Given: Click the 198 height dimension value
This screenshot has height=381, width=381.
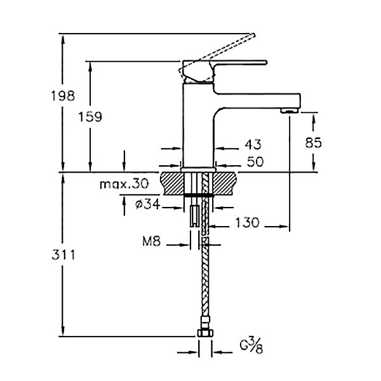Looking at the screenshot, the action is click(x=63, y=96).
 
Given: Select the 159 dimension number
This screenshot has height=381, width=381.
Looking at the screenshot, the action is click(x=90, y=117).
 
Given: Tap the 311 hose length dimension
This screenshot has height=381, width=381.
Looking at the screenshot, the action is click(x=63, y=255).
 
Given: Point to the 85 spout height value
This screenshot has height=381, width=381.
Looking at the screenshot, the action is click(x=314, y=143).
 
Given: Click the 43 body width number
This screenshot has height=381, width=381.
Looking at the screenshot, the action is click(x=253, y=145).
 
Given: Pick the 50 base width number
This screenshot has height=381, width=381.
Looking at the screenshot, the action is click(x=255, y=161).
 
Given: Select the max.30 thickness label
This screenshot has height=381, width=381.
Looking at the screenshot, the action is click(x=124, y=184).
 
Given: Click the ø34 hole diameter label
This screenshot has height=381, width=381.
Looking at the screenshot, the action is click(x=148, y=204).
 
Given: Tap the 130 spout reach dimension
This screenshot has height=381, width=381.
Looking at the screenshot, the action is click(x=248, y=222).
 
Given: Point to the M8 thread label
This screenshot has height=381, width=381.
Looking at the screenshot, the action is click(x=151, y=241).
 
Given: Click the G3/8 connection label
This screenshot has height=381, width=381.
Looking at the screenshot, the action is click(x=251, y=347).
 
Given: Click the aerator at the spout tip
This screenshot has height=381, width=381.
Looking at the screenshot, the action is click(x=290, y=111).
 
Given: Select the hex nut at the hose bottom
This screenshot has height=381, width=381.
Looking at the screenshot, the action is click(x=205, y=333).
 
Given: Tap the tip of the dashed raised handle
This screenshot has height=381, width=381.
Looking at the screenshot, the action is click(x=253, y=35).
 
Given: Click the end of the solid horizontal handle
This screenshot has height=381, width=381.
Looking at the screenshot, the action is click(x=266, y=62).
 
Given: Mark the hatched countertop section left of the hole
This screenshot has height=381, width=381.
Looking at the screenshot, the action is click(x=171, y=184).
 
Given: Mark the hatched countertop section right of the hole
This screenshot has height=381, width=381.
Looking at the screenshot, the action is click(x=225, y=184).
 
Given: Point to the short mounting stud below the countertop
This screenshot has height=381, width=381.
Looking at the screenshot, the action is click(x=195, y=216).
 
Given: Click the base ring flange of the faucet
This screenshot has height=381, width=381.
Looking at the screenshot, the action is click(x=198, y=170).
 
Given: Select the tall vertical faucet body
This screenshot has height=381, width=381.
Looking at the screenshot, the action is click(x=198, y=125).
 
